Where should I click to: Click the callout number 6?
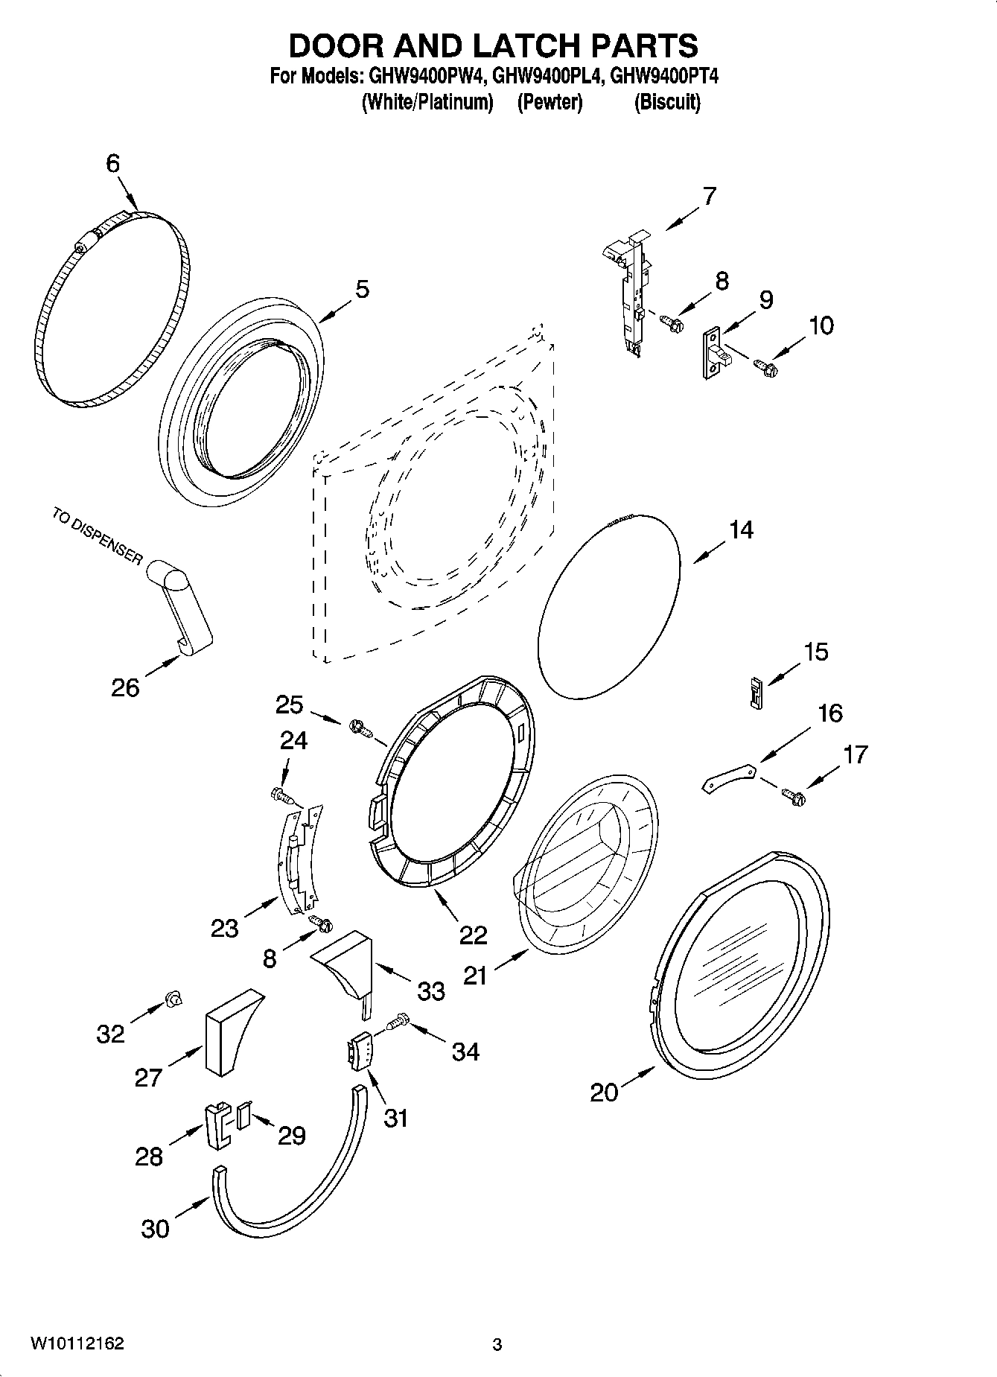coord(112,164)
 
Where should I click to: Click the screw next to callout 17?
coord(794,798)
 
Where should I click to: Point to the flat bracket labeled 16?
coord(730,777)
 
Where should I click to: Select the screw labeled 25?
coord(360,726)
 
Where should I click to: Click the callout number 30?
coord(155,1228)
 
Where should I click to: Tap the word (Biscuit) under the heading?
coord(667,102)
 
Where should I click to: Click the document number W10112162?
coord(77,1343)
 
